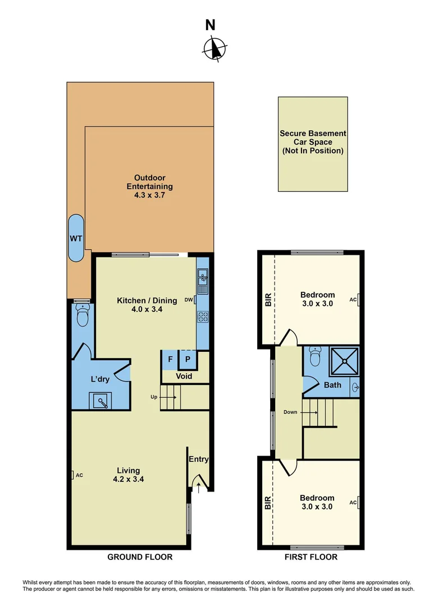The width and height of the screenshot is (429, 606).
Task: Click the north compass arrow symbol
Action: click(214, 48)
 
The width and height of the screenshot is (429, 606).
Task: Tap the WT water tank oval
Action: click(76, 238)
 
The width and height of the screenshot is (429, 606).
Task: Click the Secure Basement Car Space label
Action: click(313, 143)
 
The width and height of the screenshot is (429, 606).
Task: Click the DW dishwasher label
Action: click(188, 300)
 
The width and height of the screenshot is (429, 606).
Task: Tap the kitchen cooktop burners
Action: click(202, 316)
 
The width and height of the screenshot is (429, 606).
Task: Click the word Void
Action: click(184, 376)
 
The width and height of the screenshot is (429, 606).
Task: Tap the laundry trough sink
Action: click(100, 401)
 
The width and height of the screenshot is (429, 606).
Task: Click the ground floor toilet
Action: click(83, 316)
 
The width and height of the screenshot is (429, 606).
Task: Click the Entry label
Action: click(198, 459)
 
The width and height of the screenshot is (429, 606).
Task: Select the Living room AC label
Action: click(79, 475)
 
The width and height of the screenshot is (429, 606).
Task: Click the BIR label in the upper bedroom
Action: click(268, 300)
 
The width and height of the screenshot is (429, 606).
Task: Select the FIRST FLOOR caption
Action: click(311, 557)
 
